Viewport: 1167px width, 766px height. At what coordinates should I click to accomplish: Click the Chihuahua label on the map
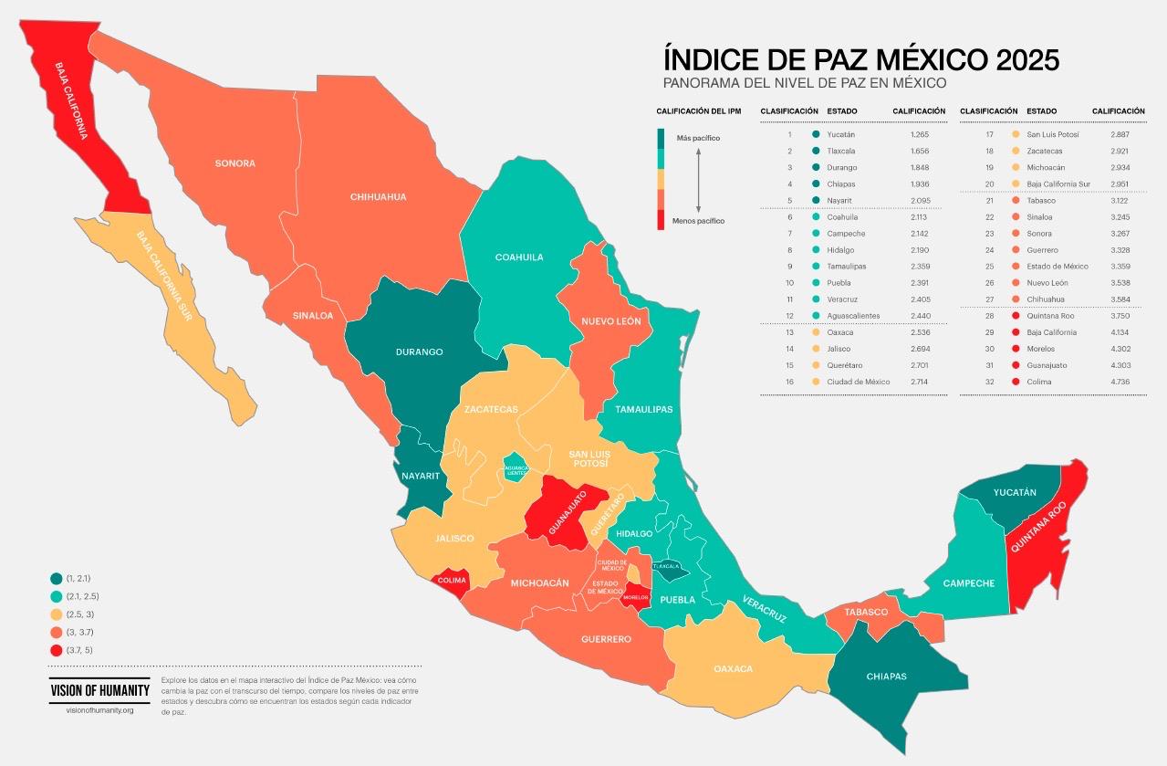click(378, 196)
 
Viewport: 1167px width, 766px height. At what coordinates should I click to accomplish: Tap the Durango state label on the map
click(419, 352)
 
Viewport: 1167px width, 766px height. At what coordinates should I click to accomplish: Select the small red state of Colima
click(452, 581)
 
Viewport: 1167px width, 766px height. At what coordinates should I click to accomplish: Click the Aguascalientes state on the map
click(515, 469)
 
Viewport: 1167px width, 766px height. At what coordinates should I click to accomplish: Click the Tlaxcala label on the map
click(666, 567)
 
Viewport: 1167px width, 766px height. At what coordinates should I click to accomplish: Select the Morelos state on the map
click(636, 597)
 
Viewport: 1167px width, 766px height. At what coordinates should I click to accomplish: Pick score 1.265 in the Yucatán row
click(919, 134)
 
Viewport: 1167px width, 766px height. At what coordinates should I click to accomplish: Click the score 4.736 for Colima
click(1120, 382)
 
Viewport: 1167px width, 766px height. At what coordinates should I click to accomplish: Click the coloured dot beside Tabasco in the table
click(1015, 201)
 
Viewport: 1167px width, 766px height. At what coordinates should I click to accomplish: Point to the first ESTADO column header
click(841, 110)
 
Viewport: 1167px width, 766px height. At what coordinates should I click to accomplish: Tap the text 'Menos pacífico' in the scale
click(698, 221)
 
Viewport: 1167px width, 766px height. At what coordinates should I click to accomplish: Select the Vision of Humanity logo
click(99, 690)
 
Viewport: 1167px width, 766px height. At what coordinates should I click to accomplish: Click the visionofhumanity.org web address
click(99, 710)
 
